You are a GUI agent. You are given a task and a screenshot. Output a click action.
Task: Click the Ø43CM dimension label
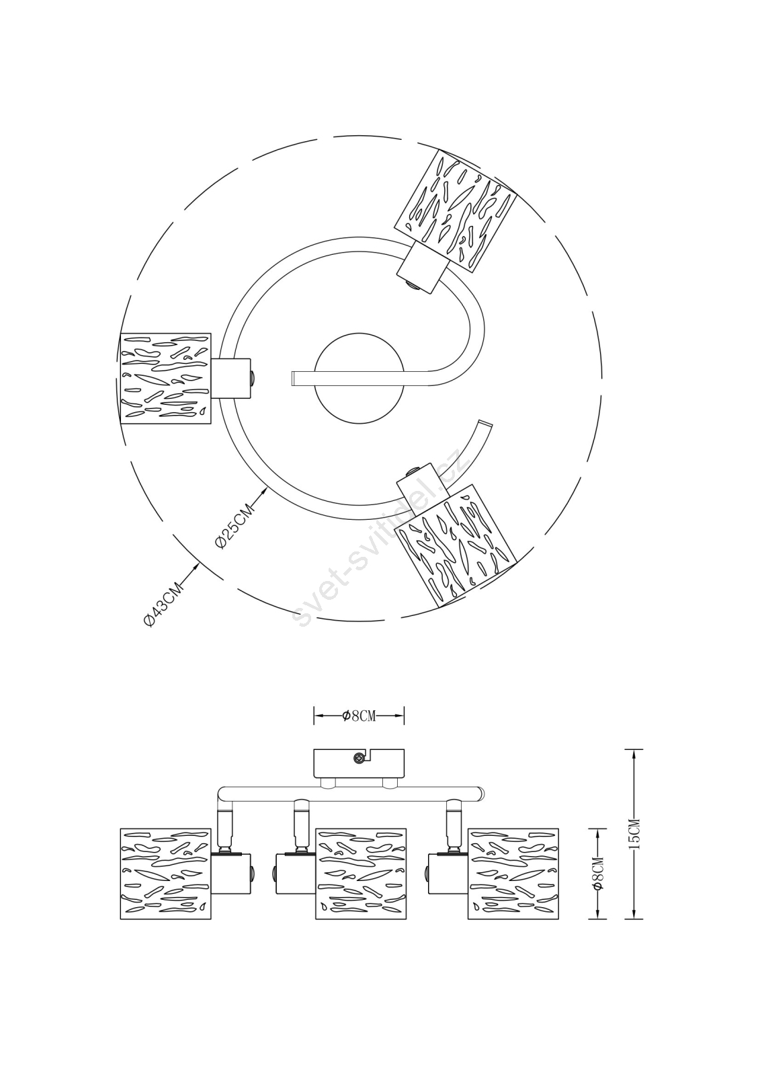tap(164, 605)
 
